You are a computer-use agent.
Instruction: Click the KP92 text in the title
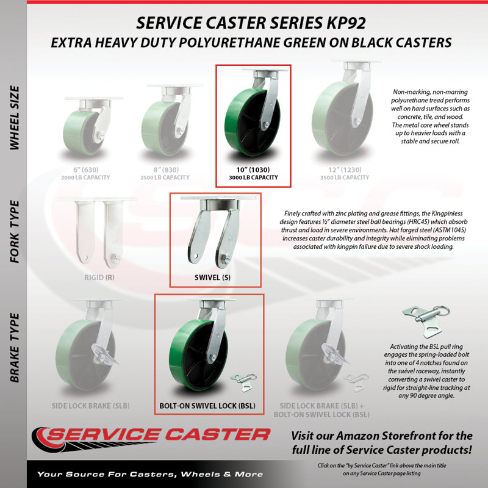346,23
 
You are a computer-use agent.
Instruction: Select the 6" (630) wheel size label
85,170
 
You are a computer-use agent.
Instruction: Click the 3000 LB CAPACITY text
253,178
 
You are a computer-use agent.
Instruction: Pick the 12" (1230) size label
345,170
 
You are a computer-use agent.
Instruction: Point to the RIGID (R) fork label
99,278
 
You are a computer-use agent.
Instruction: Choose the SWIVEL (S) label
212,278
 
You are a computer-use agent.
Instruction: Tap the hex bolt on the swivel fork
226,257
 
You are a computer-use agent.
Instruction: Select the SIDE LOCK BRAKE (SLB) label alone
90,406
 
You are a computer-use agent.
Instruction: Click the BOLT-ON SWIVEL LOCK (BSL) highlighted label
207,406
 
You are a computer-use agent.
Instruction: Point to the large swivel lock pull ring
442,310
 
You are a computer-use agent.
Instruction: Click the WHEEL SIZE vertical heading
15,118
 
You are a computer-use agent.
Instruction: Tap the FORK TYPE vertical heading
15,232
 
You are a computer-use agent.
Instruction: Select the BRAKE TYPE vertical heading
15,348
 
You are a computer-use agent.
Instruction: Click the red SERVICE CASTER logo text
158,434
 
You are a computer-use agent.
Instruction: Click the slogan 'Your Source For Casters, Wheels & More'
150,475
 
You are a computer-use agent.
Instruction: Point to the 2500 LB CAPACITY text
165,178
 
